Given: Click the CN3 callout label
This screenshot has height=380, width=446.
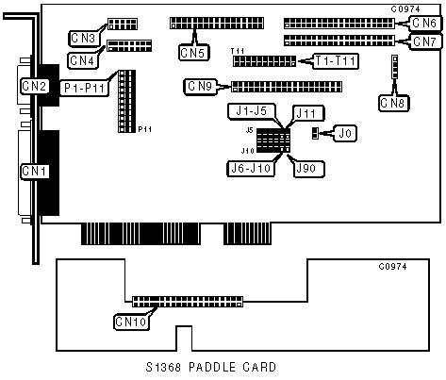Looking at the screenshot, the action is pyautogui.click(x=83, y=38).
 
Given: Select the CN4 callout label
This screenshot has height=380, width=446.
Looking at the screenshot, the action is pyautogui.click(x=82, y=60).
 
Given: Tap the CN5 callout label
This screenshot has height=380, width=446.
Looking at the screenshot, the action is pyautogui.click(x=194, y=53).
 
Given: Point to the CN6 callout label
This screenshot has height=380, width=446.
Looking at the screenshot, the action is pyautogui.click(x=424, y=23).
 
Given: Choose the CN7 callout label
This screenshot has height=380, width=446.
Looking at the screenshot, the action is pyautogui.click(x=424, y=41).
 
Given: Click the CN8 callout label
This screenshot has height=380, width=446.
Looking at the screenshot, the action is pyautogui.click(x=393, y=103).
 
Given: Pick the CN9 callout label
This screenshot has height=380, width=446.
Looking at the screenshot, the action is pyautogui.click(x=200, y=86).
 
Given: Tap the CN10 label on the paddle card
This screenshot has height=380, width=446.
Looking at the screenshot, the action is pyautogui.click(x=131, y=322).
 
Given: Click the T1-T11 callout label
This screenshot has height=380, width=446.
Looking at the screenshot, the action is pyautogui.click(x=336, y=60).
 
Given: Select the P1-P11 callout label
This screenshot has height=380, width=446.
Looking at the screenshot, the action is pyautogui.click(x=84, y=88).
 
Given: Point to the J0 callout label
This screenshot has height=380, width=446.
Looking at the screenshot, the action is pyautogui.click(x=345, y=133).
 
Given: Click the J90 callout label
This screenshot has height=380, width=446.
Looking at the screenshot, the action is pyautogui.click(x=308, y=169).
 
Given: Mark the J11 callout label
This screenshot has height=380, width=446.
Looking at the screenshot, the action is pyautogui.click(x=308, y=113).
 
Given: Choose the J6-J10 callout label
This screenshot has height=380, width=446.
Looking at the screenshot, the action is pyautogui.click(x=251, y=169).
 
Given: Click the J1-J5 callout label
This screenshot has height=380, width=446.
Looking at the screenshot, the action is pyautogui.click(x=252, y=111).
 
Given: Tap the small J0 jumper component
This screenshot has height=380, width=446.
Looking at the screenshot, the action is pyautogui.click(x=315, y=133).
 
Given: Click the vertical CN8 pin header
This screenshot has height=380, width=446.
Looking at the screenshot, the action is pyautogui.click(x=394, y=67).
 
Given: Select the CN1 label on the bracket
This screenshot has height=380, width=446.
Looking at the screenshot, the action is pyautogui.click(x=35, y=172).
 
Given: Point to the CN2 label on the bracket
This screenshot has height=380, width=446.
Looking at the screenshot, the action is pyautogui.click(x=35, y=86).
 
